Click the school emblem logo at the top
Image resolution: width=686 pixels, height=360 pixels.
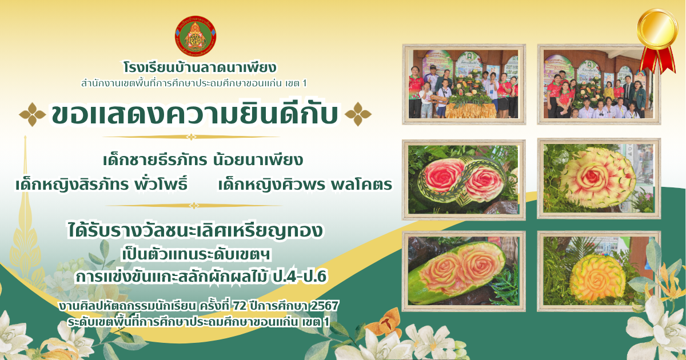(196, 36)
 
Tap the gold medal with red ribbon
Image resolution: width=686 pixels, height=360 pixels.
(657, 40)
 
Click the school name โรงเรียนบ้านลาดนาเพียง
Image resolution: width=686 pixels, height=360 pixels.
(200, 67)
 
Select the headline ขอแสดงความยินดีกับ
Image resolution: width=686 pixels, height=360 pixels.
(195, 114)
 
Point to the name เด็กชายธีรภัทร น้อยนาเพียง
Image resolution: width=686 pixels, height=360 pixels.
(203, 160)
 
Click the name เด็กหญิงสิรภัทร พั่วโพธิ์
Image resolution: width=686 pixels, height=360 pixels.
(101, 184)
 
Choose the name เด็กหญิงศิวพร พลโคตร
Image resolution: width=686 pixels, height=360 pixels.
(305, 184)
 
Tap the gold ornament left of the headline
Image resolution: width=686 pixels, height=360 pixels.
(33, 114)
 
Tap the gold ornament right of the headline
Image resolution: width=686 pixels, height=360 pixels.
(358, 114)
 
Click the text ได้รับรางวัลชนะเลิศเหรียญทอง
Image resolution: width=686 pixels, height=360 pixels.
(195, 231)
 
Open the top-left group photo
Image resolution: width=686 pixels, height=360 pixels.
(464, 84)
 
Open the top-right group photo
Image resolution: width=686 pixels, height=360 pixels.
(599, 84)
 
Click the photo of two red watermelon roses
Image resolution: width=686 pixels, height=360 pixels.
(464, 179)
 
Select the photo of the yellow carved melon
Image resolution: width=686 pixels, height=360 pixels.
(599, 271)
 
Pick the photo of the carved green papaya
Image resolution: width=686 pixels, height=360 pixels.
(464, 271)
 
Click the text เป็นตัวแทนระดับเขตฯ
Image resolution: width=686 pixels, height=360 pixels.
(196, 255)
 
